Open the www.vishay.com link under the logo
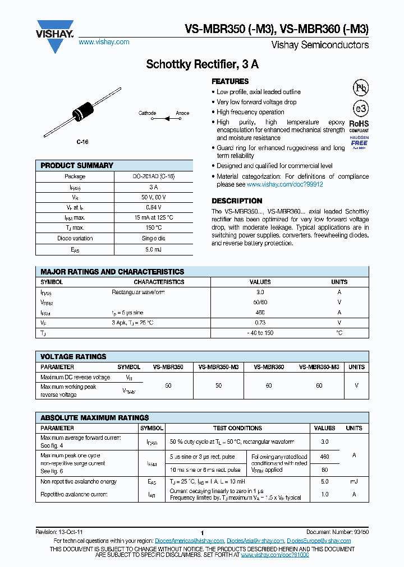tap(104, 42)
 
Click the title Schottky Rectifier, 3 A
tap(202, 64)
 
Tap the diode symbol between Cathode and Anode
tap(166, 118)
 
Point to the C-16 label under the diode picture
tap(82, 142)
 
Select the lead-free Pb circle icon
tap(360, 88)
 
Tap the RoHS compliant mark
tap(359, 126)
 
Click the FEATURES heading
tap(230, 81)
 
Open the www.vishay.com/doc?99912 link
tap(284, 184)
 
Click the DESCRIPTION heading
tap(237, 201)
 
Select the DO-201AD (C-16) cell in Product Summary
tap(153, 176)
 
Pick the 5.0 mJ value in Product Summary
tap(153, 249)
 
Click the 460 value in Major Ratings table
tap(260, 313)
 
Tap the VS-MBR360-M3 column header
tap(319, 367)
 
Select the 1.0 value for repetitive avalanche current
tap(324, 495)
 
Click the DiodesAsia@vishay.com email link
tap(255, 541)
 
